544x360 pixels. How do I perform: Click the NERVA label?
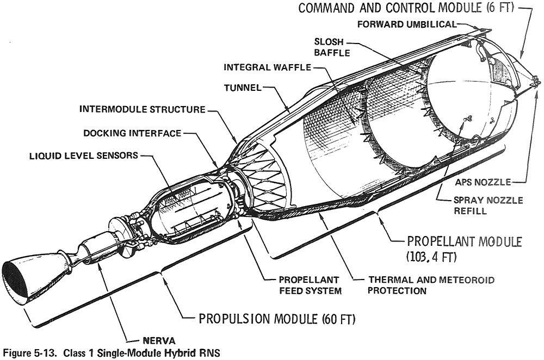click(159, 340)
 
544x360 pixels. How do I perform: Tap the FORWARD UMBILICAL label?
click(407, 24)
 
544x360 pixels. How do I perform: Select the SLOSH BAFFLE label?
click(332, 47)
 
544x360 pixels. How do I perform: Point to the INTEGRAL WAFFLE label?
click(267, 67)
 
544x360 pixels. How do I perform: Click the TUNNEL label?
click(243, 88)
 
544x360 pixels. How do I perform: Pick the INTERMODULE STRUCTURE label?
click(143, 109)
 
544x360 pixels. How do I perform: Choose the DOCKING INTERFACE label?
click(132, 133)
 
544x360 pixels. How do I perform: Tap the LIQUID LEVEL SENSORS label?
click(84, 156)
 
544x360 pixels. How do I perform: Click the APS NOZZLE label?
click(483, 182)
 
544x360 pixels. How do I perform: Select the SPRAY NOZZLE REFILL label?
click(488, 206)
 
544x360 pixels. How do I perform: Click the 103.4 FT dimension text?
click(431, 257)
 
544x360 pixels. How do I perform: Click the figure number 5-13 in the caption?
click(44, 353)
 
